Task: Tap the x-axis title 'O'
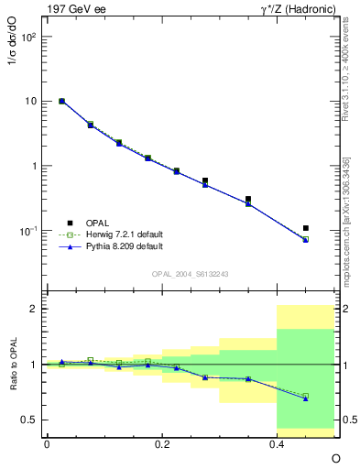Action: (335, 458)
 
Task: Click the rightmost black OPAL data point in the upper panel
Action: (306, 228)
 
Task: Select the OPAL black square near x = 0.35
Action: (248, 199)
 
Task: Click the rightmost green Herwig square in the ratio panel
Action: (306, 396)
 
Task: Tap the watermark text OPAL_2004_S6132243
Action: (191, 274)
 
